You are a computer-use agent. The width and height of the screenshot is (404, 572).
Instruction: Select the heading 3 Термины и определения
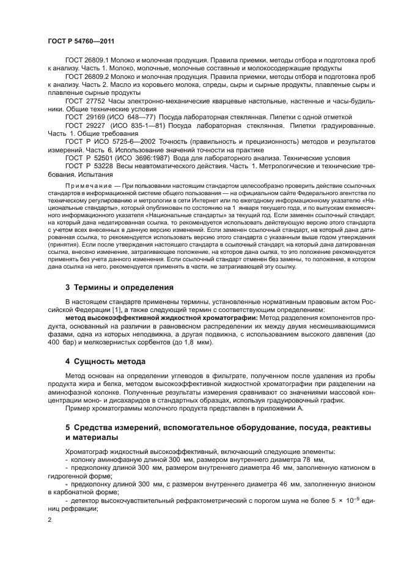click(x=119, y=287)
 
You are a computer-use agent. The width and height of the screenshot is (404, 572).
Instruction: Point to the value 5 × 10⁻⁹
click(x=339, y=500)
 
